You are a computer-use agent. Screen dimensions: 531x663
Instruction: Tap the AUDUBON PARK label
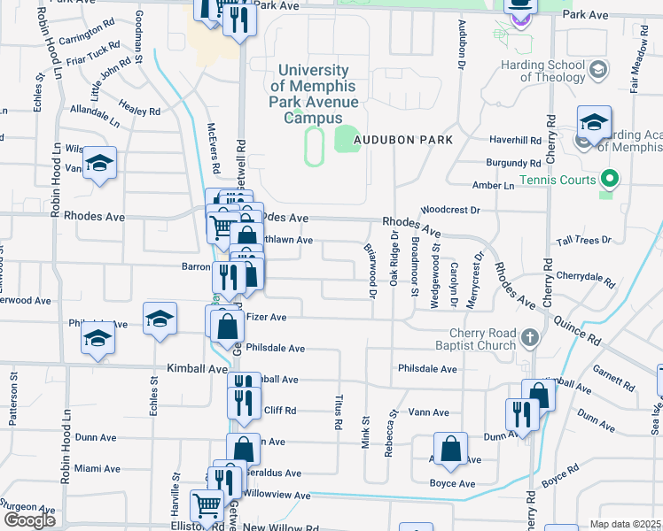(x=403, y=140)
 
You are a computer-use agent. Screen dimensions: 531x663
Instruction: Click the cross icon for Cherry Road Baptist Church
(x=529, y=337)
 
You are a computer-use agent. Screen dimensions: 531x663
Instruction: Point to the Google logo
(x=29, y=520)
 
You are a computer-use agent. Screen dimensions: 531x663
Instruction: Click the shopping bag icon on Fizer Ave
(x=228, y=325)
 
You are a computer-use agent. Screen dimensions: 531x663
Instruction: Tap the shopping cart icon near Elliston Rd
(x=207, y=506)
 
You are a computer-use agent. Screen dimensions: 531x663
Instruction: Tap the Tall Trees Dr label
(x=582, y=240)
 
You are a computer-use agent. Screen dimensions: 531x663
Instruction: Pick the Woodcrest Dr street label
(x=449, y=211)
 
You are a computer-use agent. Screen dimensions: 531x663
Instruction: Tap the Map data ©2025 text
(x=626, y=524)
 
